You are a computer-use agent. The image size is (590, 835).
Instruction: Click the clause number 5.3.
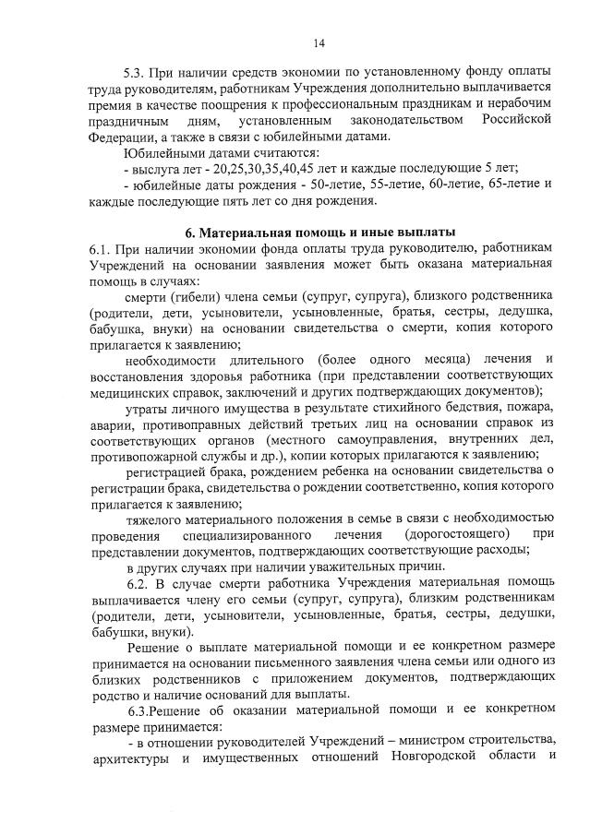137,72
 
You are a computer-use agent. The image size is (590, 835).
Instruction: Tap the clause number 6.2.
138,584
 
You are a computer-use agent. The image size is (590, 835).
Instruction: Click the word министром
430,742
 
